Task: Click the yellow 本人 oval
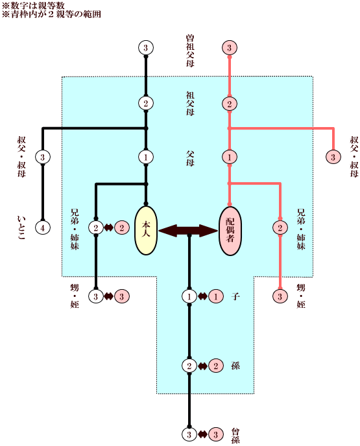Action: (146, 230)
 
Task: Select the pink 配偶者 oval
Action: (230, 231)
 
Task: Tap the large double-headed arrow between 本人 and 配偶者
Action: (188, 230)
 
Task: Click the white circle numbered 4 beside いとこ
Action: (43, 228)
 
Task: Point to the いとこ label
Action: (21, 228)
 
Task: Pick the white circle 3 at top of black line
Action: (146, 47)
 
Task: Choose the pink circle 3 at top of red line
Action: (230, 47)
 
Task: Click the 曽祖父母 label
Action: (190, 51)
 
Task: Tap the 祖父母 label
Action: (190, 103)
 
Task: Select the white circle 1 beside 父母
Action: (146, 157)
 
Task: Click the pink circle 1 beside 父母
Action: (230, 157)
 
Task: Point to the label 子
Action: (235, 296)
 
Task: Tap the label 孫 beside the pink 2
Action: (235, 366)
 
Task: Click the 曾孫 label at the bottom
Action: (235, 436)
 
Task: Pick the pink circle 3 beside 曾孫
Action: (216, 434)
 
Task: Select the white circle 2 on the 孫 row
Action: (189, 366)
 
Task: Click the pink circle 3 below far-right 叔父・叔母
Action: (333, 157)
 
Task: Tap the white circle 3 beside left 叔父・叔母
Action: (43, 157)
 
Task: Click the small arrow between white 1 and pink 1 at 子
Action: (202, 296)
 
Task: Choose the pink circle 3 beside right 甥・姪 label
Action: (280, 296)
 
